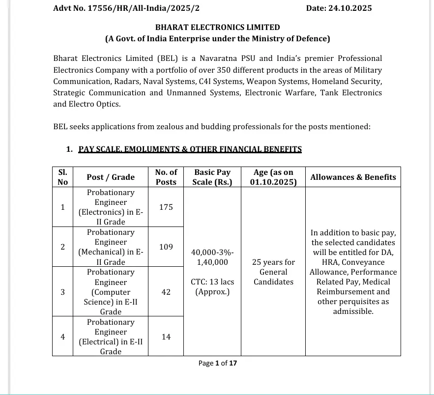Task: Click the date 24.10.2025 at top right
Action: point(339,8)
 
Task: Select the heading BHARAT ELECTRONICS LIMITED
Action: point(217,28)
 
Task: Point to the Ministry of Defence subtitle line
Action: point(217,39)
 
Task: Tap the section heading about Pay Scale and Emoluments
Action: point(190,149)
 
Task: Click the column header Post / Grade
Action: point(111,177)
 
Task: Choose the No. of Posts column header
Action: point(166,177)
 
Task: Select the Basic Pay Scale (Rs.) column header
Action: point(212,177)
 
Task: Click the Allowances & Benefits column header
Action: point(353,177)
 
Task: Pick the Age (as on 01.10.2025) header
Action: point(273,177)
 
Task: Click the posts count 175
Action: point(166,207)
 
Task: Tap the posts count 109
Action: point(166,247)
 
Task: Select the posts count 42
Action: point(166,292)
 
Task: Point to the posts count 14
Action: point(166,337)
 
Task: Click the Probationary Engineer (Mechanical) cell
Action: point(111,247)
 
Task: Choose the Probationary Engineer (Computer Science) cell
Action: point(111,292)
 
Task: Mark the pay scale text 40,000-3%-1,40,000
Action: point(212,257)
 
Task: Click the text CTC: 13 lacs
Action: point(212,282)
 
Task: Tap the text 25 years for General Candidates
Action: point(273,272)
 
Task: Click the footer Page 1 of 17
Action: point(217,363)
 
